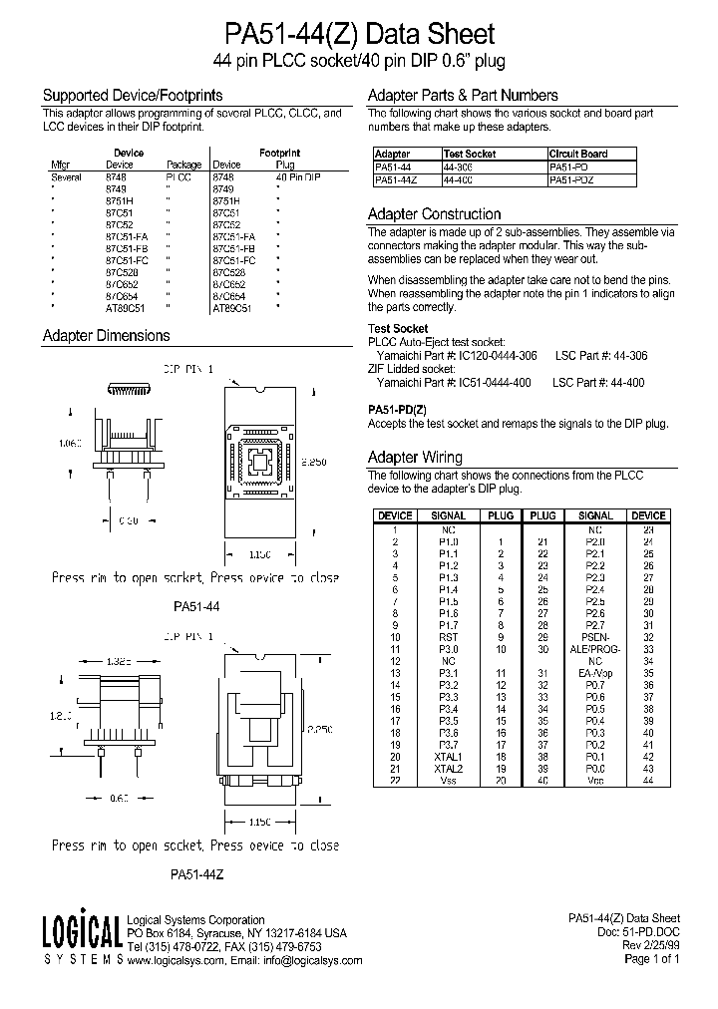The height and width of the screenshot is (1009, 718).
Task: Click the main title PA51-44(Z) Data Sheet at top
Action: tap(360, 34)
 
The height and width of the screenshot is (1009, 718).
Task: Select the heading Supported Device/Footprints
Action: tap(132, 96)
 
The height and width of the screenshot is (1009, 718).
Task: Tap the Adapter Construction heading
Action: tap(434, 214)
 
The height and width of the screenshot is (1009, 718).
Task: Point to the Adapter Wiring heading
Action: tap(415, 457)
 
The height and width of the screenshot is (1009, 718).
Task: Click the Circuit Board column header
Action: tap(578, 155)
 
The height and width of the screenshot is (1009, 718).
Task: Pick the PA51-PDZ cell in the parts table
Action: tap(573, 179)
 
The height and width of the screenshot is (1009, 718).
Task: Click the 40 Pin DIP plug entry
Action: tap(298, 176)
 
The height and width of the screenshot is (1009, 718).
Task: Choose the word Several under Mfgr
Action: tap(66, 176)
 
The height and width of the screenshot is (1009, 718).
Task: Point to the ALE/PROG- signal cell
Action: tap(594, 648)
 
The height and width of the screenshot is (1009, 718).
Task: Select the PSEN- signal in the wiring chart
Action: tap(594, 636)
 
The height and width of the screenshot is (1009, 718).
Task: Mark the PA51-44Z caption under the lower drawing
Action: tap(195, 874)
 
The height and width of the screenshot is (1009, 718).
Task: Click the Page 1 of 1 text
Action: tap(651, 959)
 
